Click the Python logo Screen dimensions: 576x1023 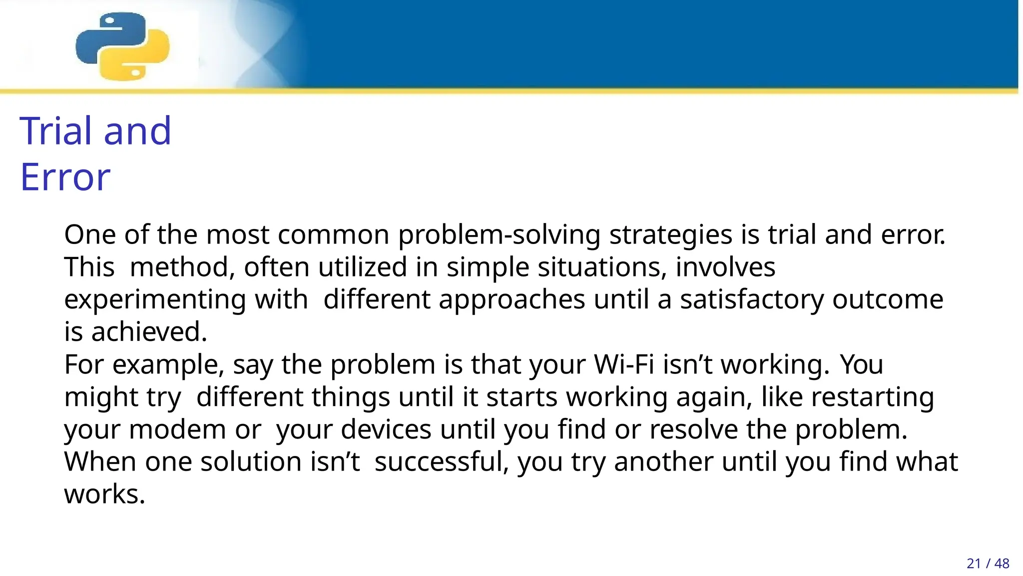pyautogui.click(x=122, y=46)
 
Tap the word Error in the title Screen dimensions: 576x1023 pyautogui.click(x=65, y=177)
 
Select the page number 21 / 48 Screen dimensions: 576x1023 pyautogui.click(x=988, y=563)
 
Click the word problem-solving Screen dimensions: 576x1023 pyautogui.click(x=499, y=235)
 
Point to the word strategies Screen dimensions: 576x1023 pyautogui.click(x=670, y=235)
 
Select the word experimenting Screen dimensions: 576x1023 pyautogui.click(x=155, y=299)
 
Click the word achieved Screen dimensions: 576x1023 pyautogui.click(x=149, y=332)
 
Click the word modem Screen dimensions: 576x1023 pyautogui.click(x=177, y=429)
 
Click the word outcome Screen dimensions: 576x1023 pyautogui.click(x=888, y=299)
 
